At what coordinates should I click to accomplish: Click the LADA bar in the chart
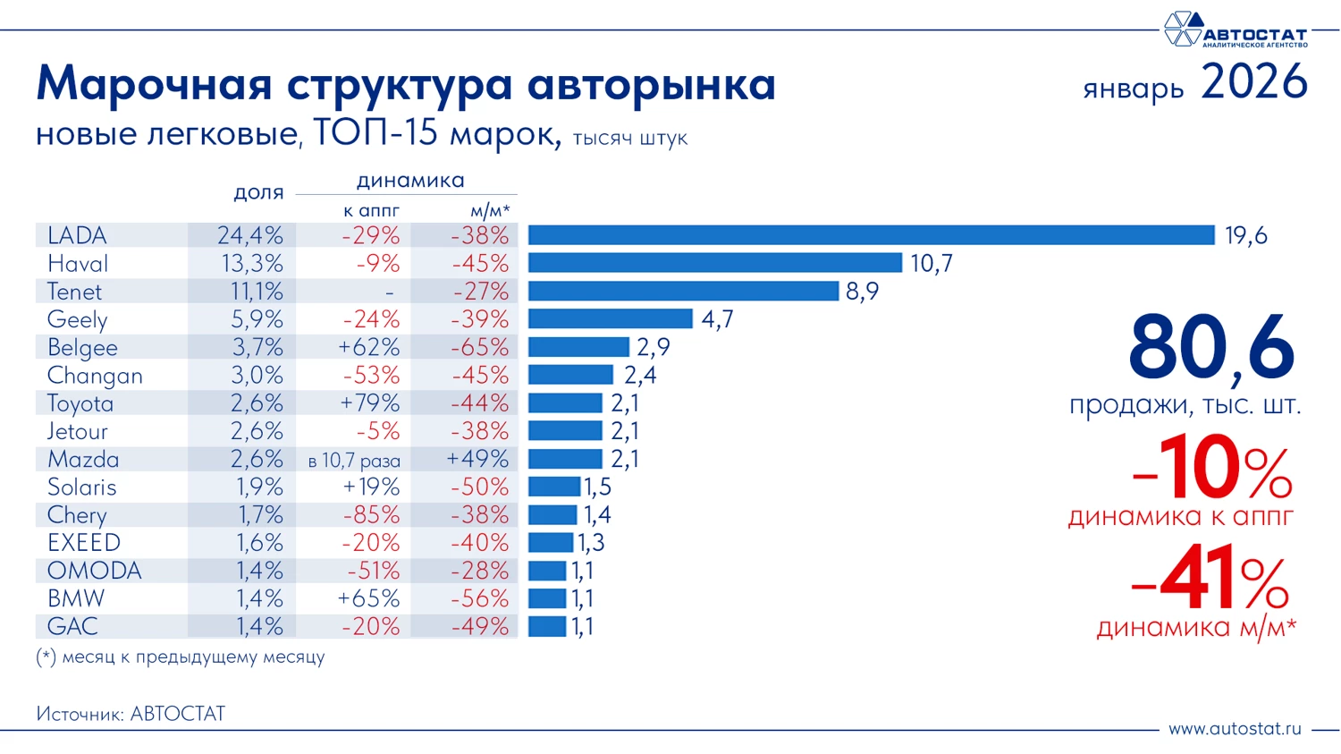[871, 235]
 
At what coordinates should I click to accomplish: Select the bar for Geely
[610, 318]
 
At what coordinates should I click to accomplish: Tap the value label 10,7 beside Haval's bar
[931, 264]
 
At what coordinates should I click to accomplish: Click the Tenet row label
[75, 292]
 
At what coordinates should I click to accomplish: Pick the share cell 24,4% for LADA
[249, 235]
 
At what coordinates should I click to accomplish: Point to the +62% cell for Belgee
[369, 347]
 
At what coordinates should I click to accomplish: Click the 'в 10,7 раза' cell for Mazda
[354, 461]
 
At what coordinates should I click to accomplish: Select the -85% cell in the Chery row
[371, 515]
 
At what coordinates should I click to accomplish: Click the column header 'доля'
[258, 192]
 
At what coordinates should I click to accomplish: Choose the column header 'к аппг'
[371, 211]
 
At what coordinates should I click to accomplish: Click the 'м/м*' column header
[490, 211]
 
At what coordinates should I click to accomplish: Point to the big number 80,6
[1210, 347]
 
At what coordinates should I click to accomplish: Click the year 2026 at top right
[1253, 82]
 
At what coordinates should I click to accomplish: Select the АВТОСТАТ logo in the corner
[1234, 30]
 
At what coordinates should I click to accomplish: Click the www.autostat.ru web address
[1235, 728]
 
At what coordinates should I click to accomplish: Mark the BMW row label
[76, 598]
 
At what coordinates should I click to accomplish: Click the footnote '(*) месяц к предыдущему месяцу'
[181, 657]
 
